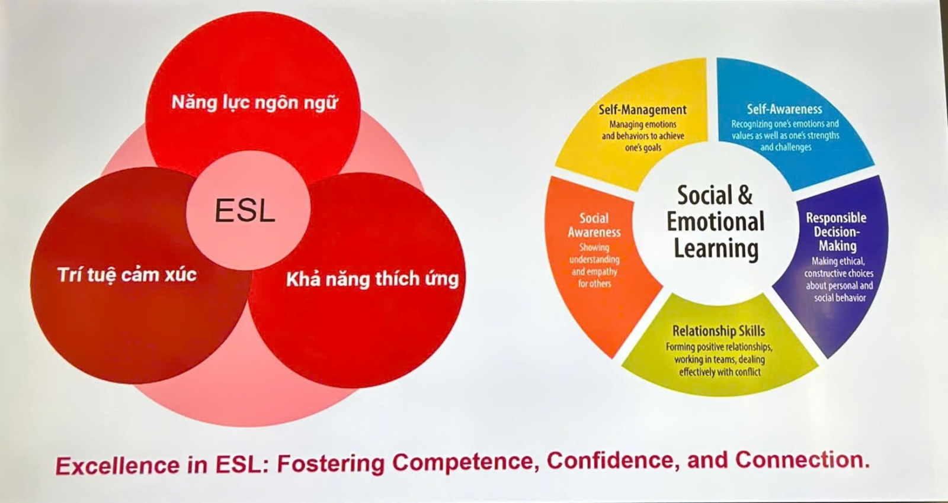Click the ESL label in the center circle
[x=245, y=210]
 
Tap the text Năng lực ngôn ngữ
[x=254, y=103]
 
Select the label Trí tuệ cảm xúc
[x=127, y=275]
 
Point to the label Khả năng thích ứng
[x=373, y=279]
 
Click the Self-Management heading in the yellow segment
[x=642, y=109]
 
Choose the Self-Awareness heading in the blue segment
[x=784, y=109]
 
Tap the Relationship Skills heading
[x=719, y=331]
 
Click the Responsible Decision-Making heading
[x=836, y=231]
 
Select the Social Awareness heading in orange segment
[x=594, y=225]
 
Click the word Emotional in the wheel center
[x=716, y=221]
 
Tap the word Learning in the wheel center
[x=716, y=249]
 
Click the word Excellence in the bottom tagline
[x=118, y=465]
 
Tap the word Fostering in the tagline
[x=331, y=464]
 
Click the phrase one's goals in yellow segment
[x=643, y=147]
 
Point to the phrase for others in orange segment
[x=595, y=283]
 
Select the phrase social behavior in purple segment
[x=840, y=298]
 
